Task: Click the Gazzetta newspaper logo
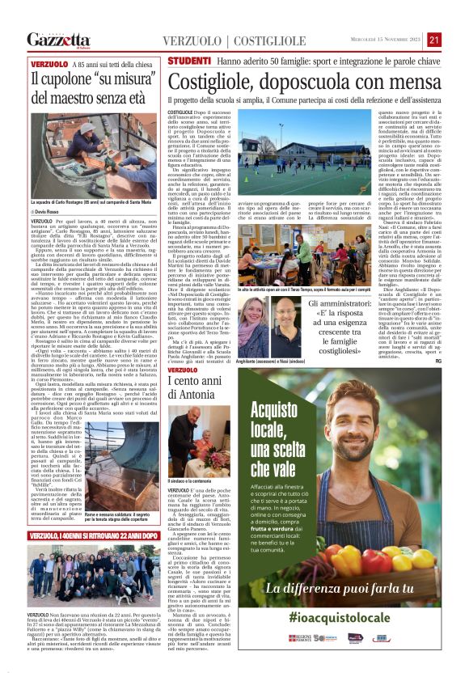pyautogui.click(x=58, y=40)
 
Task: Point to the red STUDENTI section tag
pyautogui.click(x=189, y=61)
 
